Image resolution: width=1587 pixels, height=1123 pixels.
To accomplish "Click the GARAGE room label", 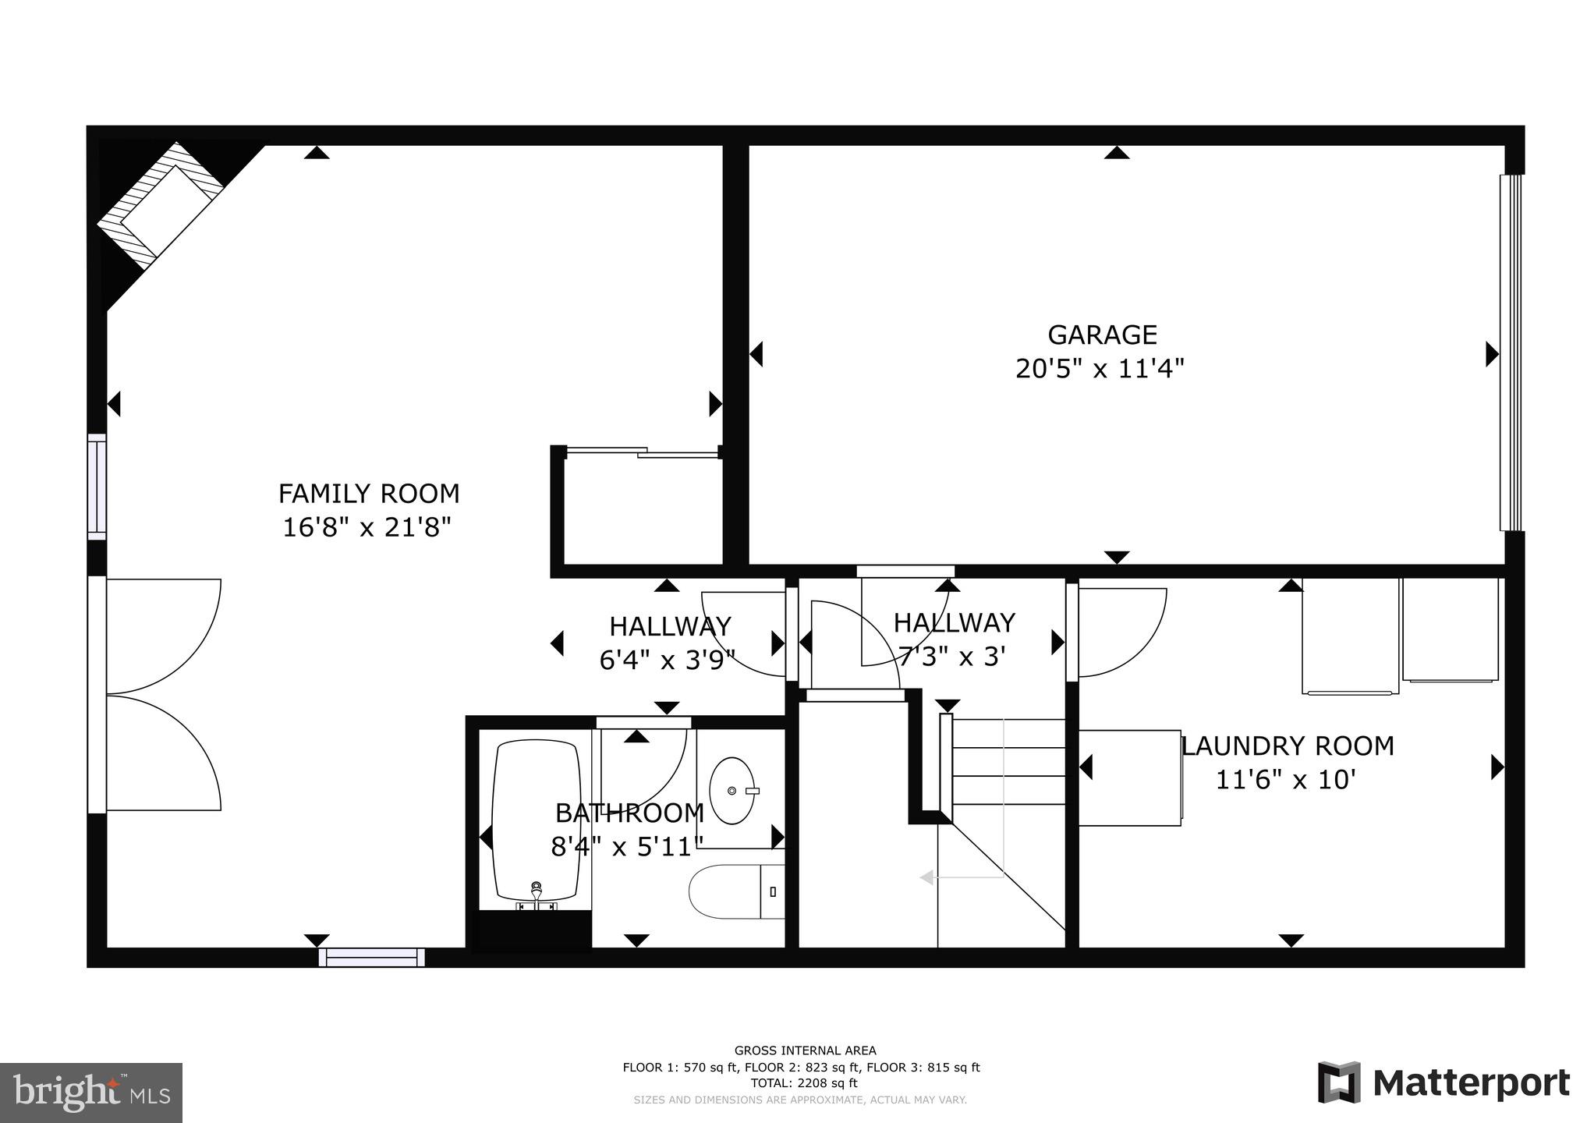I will [x=1101, y=335].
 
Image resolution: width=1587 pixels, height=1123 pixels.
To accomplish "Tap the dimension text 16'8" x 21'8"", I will [x=367, y=528].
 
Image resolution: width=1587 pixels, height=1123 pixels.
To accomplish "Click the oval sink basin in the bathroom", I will [x=732, y=791].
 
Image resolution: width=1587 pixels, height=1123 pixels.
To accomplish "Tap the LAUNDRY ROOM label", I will [x=1288, y=746].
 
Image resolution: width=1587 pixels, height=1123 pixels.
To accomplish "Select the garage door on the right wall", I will [x=1511, y=352].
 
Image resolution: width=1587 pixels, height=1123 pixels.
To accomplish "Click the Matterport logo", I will [x=1443, y=1082].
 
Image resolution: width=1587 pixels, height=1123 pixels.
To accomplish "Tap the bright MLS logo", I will [x=91, y=1092].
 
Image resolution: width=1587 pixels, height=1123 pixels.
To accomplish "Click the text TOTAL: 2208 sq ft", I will [x=803, y=1083].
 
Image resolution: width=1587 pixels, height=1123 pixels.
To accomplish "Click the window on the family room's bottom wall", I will [x=371, y=957].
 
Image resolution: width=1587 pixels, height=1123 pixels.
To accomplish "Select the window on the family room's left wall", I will [x=97, y=487].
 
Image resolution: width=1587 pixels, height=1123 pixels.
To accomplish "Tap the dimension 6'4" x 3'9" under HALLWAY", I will [x=668, y=661].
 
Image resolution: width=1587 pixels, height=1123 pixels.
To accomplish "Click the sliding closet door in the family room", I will [x=642, y=452].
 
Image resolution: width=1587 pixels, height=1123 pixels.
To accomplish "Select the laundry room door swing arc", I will [x=1123, y=633].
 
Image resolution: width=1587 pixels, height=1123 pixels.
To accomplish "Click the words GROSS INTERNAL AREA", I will [x=805, y=1050].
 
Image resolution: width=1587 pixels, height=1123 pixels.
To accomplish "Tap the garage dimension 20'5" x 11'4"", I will [x=1100, y=369].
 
